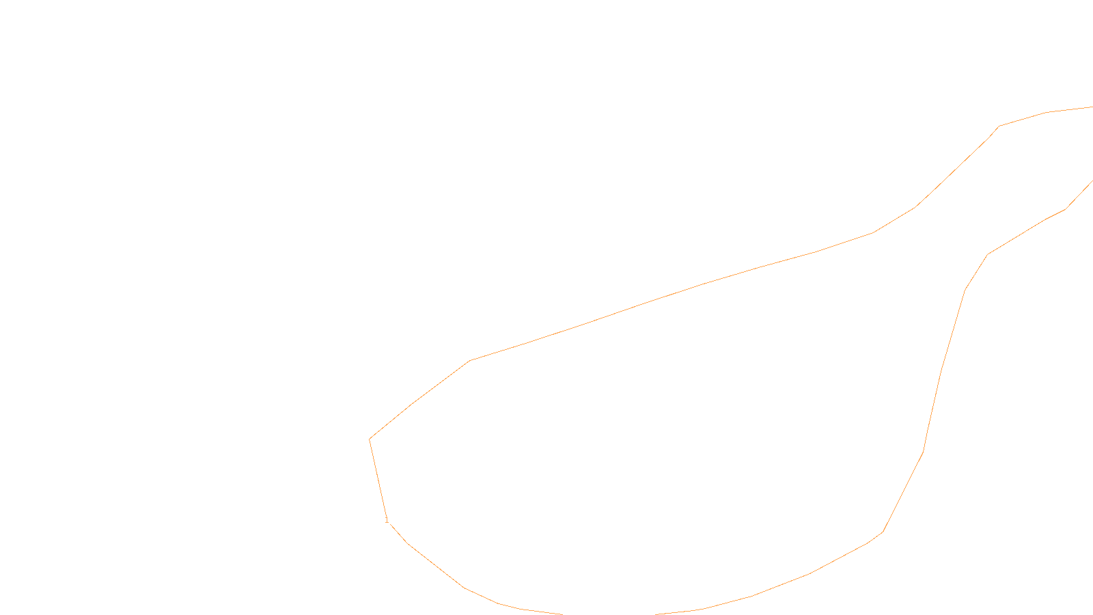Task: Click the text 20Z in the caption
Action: point(518,604)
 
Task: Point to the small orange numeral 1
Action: point(387,520)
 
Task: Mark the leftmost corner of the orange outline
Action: point(370,439)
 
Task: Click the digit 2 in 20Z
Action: point(513,604)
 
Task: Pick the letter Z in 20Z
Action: point(523,604)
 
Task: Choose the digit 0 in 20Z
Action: point(518,604)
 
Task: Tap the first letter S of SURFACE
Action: point(532,604)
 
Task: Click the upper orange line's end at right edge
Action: point(1092,107)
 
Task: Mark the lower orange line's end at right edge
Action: point(1092,181)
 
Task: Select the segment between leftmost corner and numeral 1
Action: point(378,478)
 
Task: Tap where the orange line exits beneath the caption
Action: point(562,614)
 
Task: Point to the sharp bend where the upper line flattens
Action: point(999,126)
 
